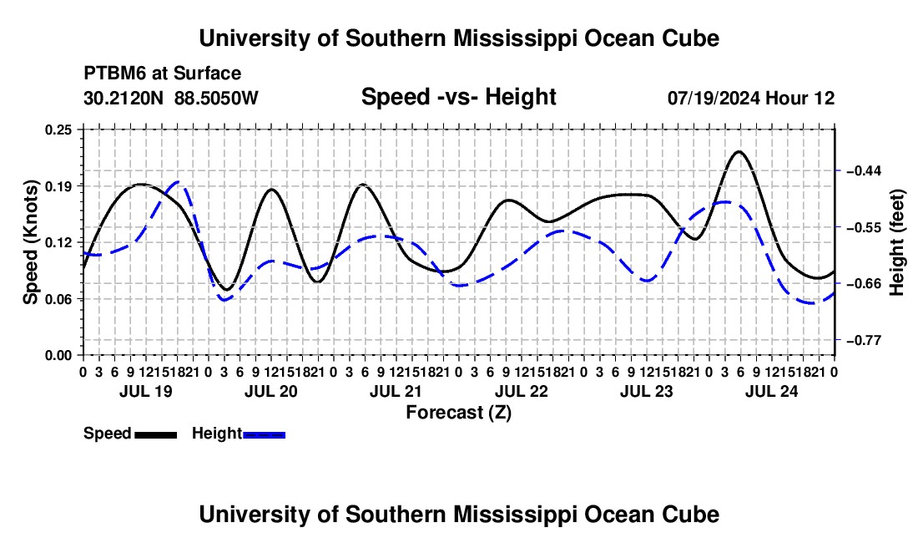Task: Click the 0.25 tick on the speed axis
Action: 58,129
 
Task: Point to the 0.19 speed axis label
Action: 58,186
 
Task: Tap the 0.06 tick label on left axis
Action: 58,299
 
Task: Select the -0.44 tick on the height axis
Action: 863,170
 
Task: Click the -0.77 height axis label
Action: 863,340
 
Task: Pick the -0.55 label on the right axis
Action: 863,227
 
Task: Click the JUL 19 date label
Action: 146,391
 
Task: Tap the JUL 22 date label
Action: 521,391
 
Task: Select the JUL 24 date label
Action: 772,391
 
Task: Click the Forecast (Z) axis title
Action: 459,413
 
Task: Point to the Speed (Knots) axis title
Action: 30,242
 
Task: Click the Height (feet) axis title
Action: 896,242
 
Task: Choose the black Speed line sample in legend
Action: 156,434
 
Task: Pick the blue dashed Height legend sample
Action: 264,434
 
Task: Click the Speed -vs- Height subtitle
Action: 458,97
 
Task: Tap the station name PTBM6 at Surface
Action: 162,74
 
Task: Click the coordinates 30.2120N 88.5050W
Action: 170,98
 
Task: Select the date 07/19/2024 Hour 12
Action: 751,98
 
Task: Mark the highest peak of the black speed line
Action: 739,152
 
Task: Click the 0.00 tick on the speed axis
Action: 58,356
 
